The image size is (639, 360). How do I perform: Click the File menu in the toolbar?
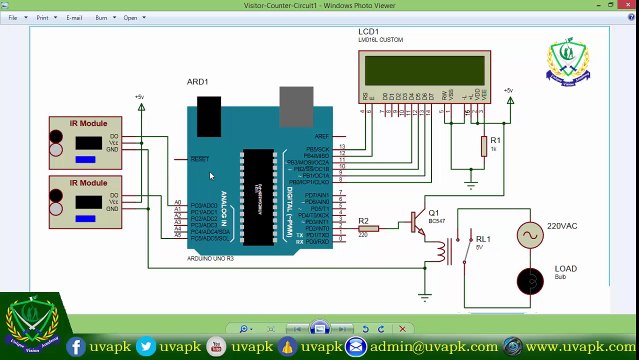point(13,17)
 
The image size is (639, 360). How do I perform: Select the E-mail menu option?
point(74,17)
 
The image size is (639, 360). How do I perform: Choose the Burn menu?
point(101,17)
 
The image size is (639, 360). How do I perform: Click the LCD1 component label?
point(368,31)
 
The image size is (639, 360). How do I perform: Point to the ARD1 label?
point(197,81)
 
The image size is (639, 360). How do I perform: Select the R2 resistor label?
point(363,220)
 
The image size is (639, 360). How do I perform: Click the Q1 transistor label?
point(433,212)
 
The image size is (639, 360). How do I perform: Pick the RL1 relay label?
point(483,239)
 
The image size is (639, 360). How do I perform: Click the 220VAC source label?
point(562,227)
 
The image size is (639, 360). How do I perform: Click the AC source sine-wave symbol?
point(528,236)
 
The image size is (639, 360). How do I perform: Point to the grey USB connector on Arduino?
point(295,100)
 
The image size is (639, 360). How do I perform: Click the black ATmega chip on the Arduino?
point(256,189)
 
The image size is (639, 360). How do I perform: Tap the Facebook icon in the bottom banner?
point(77,346)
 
